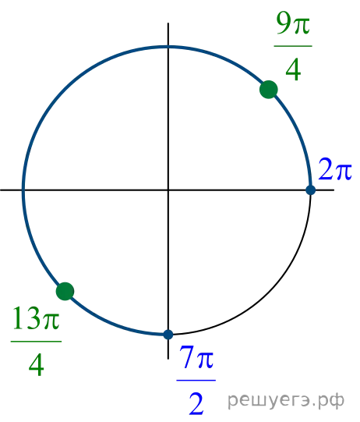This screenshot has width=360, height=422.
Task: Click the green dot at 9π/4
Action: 269,90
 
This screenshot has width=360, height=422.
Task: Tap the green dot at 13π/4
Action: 65,291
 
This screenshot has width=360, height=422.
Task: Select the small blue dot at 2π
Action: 311,190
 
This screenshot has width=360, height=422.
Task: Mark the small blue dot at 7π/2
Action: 168,335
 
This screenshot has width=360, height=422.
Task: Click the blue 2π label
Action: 335,170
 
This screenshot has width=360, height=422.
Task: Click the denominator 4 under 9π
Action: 293,69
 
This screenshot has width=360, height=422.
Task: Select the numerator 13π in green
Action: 36,318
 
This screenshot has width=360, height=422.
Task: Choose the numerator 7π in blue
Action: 196,357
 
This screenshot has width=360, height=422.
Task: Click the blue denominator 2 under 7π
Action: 196,404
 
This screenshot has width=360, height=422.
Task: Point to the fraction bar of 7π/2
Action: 196,381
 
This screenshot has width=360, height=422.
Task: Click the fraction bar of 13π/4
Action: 36,342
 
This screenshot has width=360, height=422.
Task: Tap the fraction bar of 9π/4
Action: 293,46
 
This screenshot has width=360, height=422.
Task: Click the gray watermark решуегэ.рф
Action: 286,401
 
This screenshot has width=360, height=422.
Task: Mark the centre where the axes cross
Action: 168,190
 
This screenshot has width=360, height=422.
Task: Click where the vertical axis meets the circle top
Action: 168,47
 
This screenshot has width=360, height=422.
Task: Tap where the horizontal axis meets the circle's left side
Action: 23,190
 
